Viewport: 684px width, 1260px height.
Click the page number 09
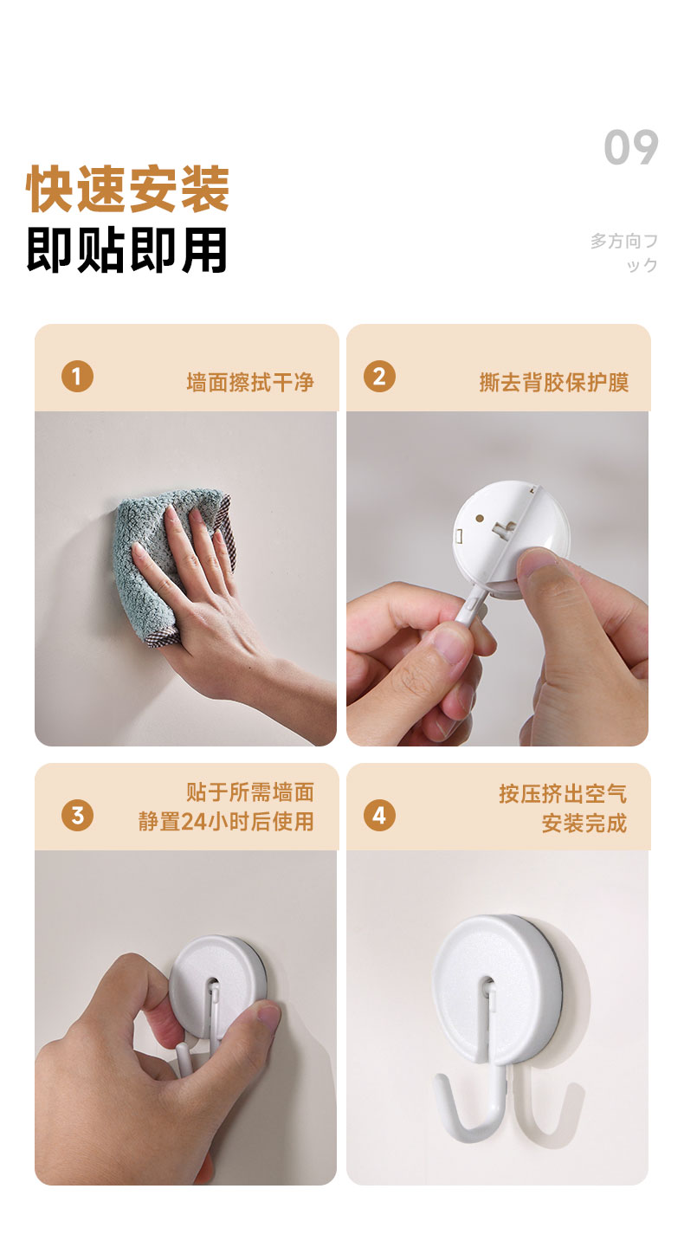(630, 147)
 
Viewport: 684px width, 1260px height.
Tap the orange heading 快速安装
(128, 189)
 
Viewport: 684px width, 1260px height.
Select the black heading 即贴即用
(127, 250)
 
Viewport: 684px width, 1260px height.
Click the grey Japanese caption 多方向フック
(624, 253)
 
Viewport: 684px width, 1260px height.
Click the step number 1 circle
(77, 377)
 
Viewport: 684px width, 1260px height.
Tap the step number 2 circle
(379, 377)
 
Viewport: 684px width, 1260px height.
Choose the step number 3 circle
(77, 815)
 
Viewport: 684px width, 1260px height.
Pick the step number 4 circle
(379, 815)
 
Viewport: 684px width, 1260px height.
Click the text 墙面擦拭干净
(250, 383)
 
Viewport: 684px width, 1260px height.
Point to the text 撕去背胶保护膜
(554, 383)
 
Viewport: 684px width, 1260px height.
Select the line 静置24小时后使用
(226, 822)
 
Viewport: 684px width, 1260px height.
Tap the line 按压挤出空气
(563, 794)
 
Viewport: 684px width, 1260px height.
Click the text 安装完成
(584, 824)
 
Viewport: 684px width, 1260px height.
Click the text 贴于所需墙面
(250, 792)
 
